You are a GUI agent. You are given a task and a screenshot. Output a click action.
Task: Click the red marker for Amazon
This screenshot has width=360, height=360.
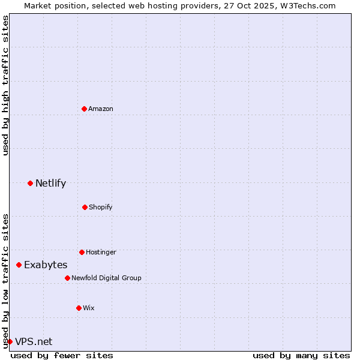(84, 109)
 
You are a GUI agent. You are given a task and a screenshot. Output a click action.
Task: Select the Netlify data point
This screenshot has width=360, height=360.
(30, 183)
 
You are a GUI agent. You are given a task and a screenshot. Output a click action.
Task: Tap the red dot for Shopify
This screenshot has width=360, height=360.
(85, 207)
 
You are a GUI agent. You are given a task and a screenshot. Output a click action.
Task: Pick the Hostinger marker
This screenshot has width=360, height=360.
(82, 252)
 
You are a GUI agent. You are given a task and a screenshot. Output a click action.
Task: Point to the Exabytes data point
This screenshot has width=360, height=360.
(19, 265)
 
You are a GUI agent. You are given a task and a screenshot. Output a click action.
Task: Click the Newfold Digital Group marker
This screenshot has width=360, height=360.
(67, 278)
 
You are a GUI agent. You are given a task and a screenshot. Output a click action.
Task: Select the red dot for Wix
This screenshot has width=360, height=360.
(79, 308)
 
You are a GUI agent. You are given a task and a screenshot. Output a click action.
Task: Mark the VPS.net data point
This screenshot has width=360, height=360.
(10, 341)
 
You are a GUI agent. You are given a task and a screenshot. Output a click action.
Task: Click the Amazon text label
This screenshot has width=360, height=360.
(101, 109)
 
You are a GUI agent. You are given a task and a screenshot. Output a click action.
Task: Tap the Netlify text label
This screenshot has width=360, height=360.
(50, 183)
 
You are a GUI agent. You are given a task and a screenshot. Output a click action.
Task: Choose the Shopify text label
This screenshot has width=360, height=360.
(101, 207)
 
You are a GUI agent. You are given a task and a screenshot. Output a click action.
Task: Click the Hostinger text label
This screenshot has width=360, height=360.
(101, 252)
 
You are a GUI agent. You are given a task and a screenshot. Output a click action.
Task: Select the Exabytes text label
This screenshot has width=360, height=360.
(46, 265)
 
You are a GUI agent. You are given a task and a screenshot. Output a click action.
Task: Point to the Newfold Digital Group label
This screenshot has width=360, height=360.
(106, 278)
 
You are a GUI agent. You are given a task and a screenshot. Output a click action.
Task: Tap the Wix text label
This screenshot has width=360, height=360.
(89, 308)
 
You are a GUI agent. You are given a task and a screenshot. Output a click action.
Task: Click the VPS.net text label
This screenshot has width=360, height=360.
(34, 341)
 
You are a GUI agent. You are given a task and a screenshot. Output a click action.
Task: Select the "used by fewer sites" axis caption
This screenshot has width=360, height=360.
(62, 355)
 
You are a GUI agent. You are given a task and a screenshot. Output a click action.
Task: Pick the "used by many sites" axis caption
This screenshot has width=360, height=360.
(301, 355)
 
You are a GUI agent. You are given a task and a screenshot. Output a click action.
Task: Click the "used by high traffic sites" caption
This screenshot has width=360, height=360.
(5, 85)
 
